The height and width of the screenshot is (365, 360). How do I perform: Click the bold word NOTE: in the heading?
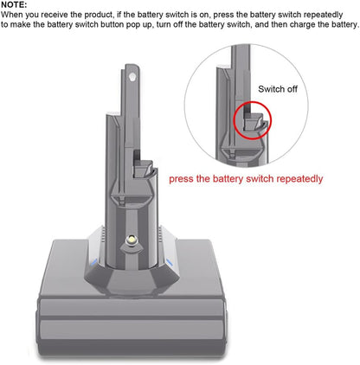[14, 4]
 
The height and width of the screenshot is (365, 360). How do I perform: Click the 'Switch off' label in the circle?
[278, 89]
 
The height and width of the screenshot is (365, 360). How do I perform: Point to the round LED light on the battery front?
[132, 240]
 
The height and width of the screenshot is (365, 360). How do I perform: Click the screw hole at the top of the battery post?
[132, 77]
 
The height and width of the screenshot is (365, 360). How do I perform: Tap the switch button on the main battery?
[143, 168]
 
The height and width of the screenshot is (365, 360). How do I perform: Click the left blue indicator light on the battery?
[94, 262]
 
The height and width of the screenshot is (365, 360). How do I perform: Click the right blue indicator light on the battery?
[170, 262]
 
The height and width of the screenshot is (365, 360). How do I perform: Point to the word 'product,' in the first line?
[99, 15]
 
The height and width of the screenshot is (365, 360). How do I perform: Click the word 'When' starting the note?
[12, 15]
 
